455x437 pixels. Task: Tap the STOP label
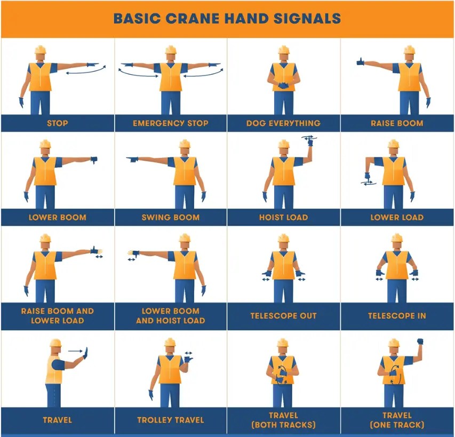click(57, 123)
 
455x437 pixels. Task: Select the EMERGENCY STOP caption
click(171, 123)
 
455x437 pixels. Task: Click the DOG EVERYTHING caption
click(283, 123)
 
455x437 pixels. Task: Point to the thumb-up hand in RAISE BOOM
click(361, 62)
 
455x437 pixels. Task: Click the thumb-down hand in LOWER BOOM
click(94, 159)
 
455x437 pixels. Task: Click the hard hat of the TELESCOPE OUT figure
click(283, 239)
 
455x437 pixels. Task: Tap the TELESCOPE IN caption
click(397, 316)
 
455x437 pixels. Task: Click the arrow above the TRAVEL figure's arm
click(76, 351)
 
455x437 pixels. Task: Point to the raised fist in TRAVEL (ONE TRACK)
click(420, 341)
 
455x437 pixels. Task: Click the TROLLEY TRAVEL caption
click(171, 420)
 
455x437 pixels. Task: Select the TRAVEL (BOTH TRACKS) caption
click(283, 420)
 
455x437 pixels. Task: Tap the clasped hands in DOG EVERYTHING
click(283, 85)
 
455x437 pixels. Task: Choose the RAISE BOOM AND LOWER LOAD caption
click(57, 316)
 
